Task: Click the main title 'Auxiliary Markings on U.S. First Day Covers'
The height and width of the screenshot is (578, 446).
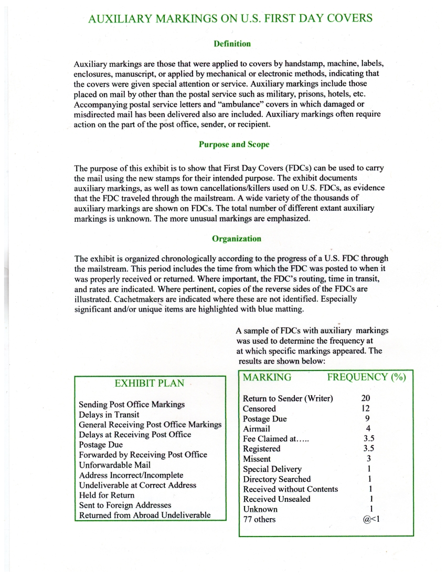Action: tap(230, 19)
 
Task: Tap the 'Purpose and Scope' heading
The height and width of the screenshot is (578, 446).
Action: tap(234, 144)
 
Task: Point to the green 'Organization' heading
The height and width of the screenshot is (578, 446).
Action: tap(236, 239)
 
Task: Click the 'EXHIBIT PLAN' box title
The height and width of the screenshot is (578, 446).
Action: tap(149, 383)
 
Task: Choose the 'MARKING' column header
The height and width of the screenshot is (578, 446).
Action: tap(267, 377)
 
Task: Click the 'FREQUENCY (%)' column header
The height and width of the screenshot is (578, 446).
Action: tap(366, 377)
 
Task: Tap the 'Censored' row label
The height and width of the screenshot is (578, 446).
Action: tap(259, 408)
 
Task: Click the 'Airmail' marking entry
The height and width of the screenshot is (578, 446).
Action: tap(257, 429)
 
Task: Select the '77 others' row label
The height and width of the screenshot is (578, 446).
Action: tap(259, 519)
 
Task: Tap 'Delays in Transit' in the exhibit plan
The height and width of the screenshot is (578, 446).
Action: tap(109, 415)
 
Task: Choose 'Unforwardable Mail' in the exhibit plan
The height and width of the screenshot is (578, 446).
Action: tap(114, 465)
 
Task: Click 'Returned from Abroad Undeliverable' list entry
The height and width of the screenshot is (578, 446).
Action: tap(144, 515)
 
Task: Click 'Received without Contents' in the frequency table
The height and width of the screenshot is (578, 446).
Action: tap(290, 489)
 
